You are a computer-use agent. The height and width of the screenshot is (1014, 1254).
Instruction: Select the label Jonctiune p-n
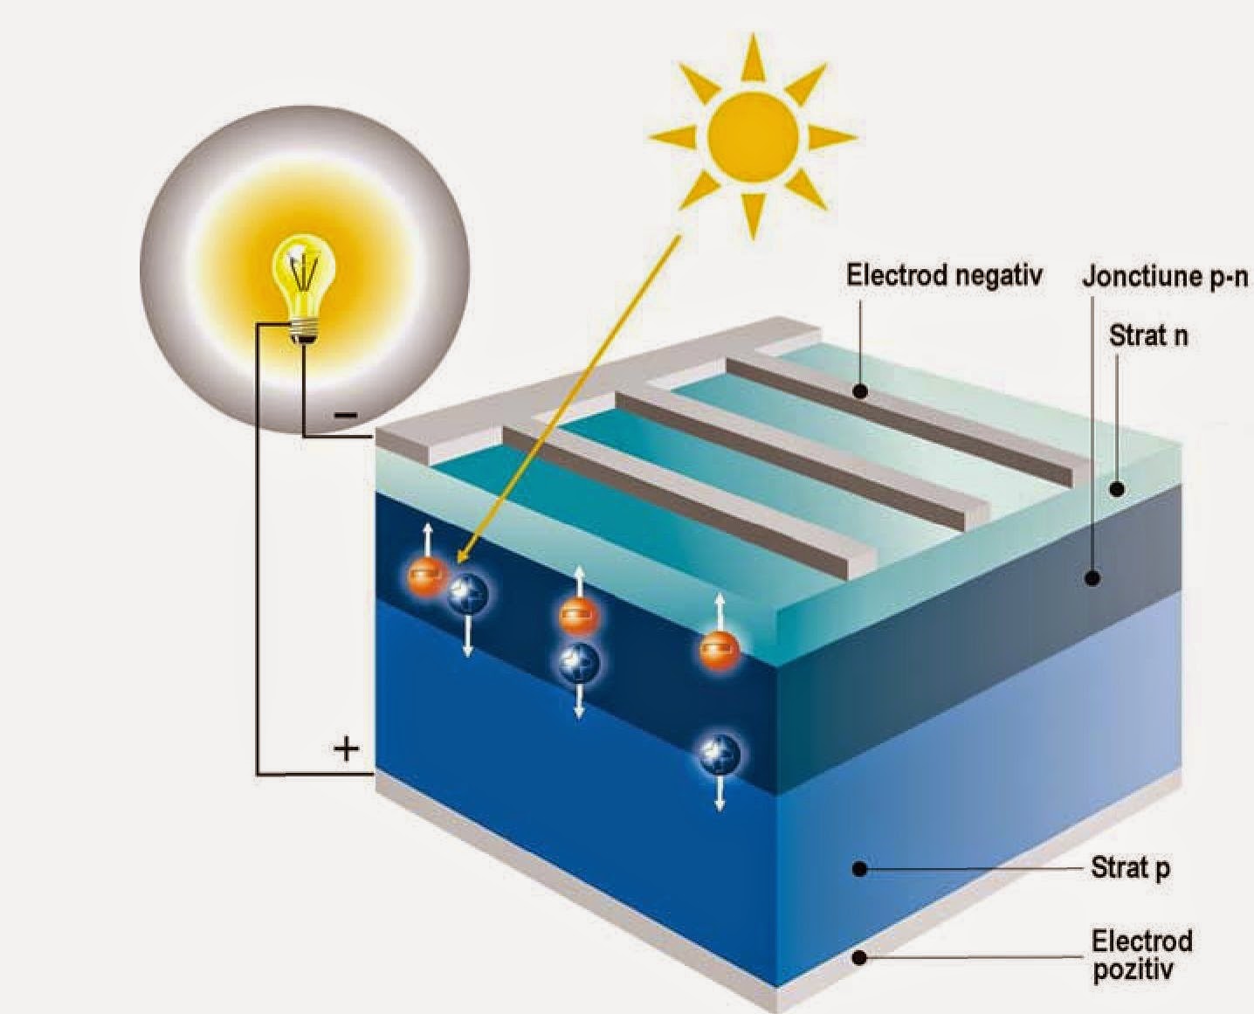pos(1167,278)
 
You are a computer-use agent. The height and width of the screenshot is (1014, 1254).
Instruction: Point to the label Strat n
pos(1148,335)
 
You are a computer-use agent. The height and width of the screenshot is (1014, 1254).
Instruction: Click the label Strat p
pos(1130,868)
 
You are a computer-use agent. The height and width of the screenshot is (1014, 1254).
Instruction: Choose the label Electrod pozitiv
pos(1141,955)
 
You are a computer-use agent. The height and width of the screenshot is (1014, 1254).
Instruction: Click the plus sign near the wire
pos(347,748)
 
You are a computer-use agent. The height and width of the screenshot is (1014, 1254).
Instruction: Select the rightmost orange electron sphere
pos(720,649)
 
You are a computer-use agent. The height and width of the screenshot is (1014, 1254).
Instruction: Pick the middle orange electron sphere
pos(579,617)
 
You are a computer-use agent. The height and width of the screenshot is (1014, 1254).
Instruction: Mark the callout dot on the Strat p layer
pos(859,869)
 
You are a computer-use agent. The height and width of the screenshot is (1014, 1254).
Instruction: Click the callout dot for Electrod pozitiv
pos(859,957)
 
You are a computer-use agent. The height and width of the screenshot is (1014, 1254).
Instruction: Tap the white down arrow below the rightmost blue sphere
pos(720,799)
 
